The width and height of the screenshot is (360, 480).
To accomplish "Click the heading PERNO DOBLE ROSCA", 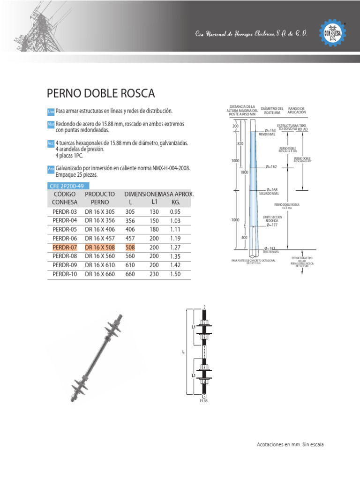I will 101,93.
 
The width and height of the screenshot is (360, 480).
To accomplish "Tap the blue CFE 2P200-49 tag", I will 68,186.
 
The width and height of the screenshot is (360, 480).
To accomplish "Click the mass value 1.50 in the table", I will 176,274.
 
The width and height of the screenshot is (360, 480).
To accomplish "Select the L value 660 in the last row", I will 130,274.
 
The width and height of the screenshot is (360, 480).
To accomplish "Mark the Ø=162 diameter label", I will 271,166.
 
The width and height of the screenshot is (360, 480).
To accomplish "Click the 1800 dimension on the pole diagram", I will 244,172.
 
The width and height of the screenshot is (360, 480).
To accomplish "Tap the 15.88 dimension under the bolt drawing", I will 203,401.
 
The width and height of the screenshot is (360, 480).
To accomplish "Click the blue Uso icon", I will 51,111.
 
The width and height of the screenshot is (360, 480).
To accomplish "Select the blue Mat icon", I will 51,124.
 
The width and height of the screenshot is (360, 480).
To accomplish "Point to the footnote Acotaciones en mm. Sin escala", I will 290,444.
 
